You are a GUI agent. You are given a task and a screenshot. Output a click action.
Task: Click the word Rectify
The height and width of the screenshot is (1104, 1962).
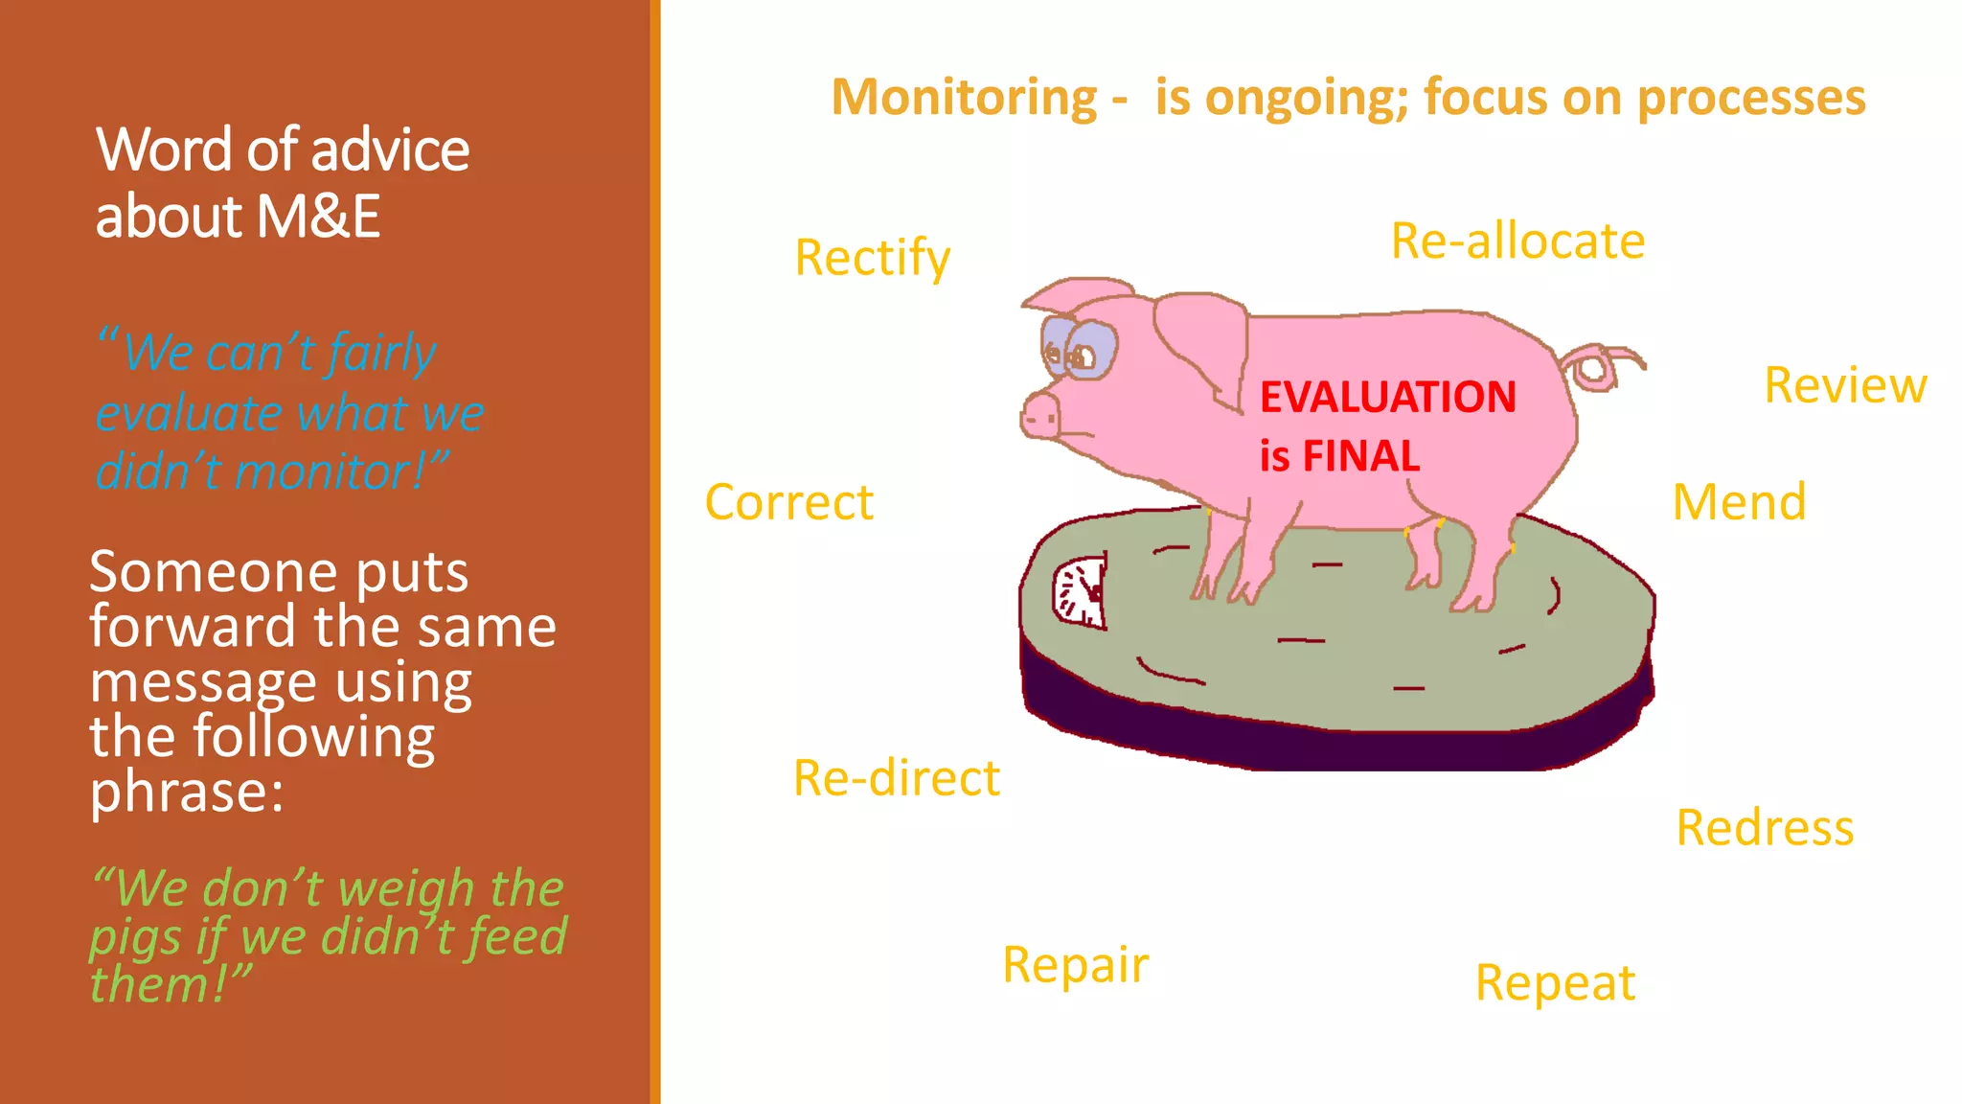[872, 259]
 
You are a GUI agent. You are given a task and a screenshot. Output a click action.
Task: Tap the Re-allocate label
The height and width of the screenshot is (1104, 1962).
[1517, 241]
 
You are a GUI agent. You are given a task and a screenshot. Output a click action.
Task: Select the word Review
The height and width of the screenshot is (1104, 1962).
[1845, 385]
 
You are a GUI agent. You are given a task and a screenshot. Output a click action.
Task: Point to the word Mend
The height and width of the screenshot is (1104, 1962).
[1739, 502]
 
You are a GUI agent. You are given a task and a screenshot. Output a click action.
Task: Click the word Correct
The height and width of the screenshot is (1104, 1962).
[788, 502]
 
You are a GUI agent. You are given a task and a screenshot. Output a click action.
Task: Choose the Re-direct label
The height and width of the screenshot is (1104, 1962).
[897, 777]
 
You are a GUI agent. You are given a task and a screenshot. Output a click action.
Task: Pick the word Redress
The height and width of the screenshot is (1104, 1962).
[1765, 827]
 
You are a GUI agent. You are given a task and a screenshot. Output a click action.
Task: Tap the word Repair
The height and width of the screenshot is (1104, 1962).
[1075, 965]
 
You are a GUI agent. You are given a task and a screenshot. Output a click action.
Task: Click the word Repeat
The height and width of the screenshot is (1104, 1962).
[1555, 983]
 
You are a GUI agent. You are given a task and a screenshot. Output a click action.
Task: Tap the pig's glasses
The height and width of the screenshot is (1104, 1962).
[1080, 348]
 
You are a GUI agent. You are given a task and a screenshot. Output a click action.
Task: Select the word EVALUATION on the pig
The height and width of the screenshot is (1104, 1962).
[1387, 398]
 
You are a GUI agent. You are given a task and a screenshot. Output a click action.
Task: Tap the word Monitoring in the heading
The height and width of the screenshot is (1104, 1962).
[964, 98]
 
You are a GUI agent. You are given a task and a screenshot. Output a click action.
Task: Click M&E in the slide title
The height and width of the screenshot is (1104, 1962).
[318, 217]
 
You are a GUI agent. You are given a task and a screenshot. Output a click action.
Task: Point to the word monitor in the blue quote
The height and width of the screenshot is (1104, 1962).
[329, 472]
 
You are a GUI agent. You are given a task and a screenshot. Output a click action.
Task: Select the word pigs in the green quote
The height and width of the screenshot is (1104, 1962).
[134, 938]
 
